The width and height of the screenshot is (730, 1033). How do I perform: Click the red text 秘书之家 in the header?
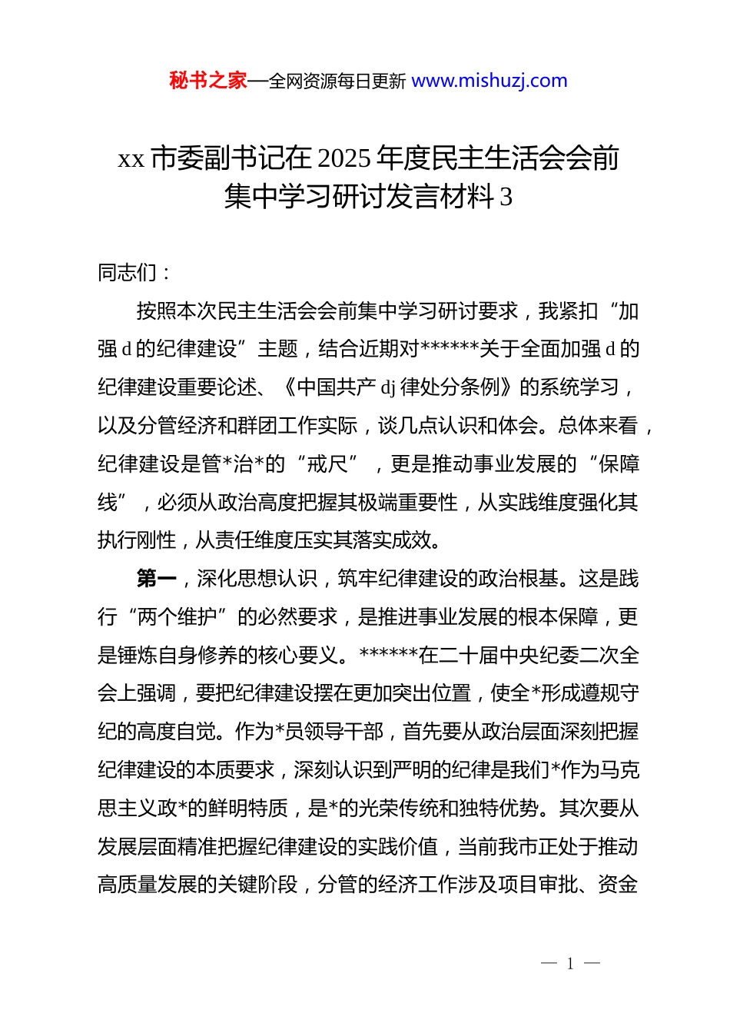[207, 81]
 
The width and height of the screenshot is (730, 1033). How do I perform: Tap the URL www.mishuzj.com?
[489, 81]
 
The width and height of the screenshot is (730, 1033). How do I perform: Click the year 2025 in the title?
[343, 158]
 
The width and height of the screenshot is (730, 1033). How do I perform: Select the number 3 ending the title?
[506, 198]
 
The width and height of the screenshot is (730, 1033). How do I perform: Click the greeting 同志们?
[127, 273]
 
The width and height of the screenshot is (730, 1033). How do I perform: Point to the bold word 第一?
[156, 579]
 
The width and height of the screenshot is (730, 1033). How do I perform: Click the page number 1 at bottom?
[570, 964]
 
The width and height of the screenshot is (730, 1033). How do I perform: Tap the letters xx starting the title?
[131, 158]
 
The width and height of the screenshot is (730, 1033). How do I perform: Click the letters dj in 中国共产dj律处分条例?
[388, 387]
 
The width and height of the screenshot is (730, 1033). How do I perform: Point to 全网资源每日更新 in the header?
[337, 81]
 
